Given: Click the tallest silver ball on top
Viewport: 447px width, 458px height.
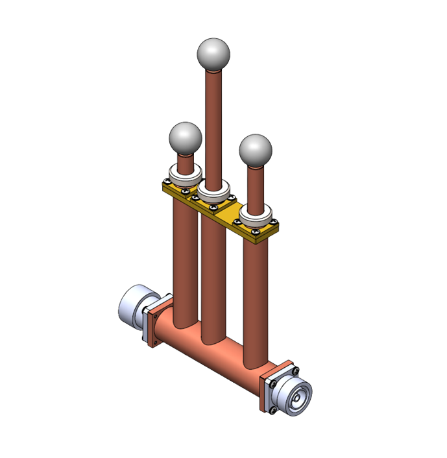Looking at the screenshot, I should [213, 54].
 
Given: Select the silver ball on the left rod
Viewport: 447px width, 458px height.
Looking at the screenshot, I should [185, 138].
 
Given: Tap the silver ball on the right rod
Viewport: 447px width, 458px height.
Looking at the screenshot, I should [255, 151].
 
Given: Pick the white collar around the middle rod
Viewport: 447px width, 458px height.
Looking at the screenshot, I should [214, 192].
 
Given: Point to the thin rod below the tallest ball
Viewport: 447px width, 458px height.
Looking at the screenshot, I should [213, 123].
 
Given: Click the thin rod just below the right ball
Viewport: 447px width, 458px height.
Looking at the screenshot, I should [255, 185].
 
